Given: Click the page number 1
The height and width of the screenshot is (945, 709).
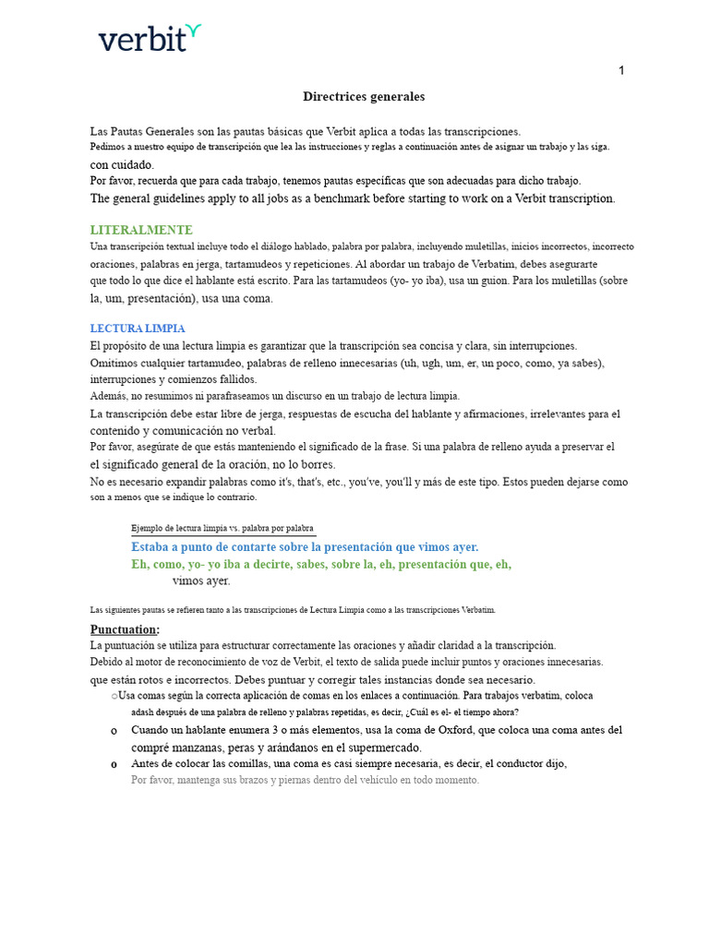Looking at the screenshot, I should point(621,71).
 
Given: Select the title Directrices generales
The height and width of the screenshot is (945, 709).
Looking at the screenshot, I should point(364,96).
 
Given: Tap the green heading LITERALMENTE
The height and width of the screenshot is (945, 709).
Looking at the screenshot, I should point(141,230).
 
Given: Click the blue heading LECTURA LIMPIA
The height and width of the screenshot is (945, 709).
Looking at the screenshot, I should point(137,329).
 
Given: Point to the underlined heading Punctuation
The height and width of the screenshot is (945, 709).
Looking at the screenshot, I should point(125,629).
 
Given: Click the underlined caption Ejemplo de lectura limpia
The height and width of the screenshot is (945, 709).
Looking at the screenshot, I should point(222,528).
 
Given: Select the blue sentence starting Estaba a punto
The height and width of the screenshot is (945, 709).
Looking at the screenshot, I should point(305,546).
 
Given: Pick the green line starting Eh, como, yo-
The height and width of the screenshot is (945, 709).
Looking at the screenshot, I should point(321,564).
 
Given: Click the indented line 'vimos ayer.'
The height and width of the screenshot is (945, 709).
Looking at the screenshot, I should point(201,580).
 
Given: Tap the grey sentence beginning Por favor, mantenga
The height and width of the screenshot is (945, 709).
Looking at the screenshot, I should point(305,780).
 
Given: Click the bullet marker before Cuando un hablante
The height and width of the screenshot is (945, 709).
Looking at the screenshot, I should point(114,731).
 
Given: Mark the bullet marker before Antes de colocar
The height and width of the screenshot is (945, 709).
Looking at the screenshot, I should point(114,764).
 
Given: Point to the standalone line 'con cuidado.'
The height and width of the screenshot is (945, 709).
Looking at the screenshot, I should point(122,164).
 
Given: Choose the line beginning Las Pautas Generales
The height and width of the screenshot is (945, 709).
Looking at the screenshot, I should point(305,131).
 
